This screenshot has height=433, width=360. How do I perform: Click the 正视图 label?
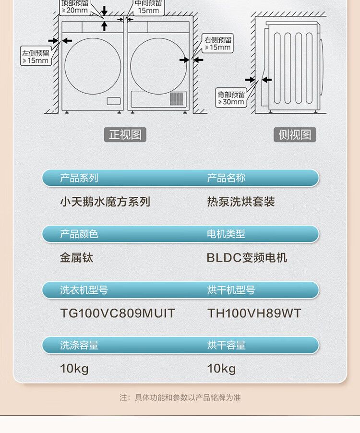tap(125, 135)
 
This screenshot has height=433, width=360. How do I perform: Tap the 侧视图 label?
tap(295, 135)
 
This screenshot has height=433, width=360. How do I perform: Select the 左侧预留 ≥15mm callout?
tap(36, 56)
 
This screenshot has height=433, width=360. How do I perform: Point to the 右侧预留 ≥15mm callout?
tap(218, 43)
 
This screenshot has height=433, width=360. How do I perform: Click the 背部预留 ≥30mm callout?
tap(231, 98)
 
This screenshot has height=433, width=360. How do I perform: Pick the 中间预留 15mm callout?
tap(148, 7)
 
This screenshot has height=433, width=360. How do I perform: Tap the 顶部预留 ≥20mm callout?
tap(74, 7)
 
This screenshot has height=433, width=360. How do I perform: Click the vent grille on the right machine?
tap(177, 99)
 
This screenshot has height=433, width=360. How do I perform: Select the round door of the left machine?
tap(93, 66)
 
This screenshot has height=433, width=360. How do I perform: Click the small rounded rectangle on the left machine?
tap(114, 101)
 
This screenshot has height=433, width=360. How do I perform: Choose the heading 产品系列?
tap(79, 178)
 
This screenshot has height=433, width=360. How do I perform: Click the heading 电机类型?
tap(226, 234)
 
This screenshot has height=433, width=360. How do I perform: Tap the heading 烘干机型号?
tap(231, 290)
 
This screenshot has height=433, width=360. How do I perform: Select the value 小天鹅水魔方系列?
tap(105, 202)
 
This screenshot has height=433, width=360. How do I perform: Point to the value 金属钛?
tap(76, 258)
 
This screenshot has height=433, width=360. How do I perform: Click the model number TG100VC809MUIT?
tap(118, 313)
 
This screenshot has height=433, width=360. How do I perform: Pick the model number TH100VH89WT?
tap(254, 313)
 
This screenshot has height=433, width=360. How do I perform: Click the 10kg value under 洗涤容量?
tap(74, 369)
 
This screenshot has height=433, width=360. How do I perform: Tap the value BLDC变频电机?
tap(247, 258)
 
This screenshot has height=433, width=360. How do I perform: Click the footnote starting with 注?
tap(180, 397)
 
